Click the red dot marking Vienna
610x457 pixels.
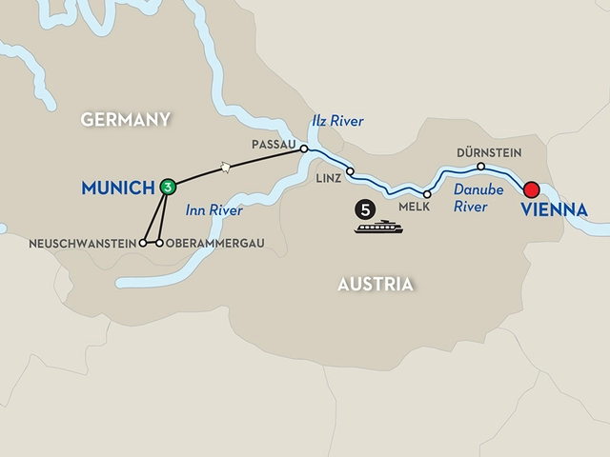click(x=532, y=189)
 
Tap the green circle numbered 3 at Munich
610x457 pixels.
click(x=168, y=187)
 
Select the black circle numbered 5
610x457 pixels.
click(x=363, y=207)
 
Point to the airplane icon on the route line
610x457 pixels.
click(x=226, y=168)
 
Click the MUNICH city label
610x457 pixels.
click(x=119, y=188)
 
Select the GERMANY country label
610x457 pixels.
click(x=126, y=119)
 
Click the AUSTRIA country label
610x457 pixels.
click(x=376, y=284)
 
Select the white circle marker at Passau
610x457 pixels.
click(x=304, y=149)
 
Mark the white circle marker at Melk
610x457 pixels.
click(x=427, y=194)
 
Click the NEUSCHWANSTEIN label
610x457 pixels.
click(x=93, y=243)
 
